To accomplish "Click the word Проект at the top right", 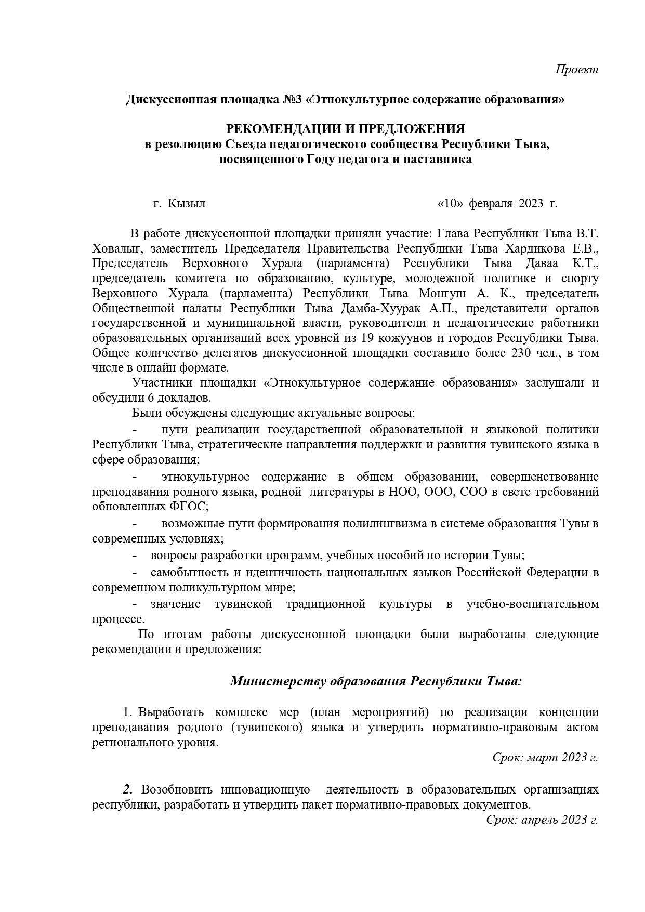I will pyautogui.click(x=577, y=69).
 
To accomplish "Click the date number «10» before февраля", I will pyautogui.click(x=451, y=203).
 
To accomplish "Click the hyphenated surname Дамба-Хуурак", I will pyautogui.click(x=385, y=308).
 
